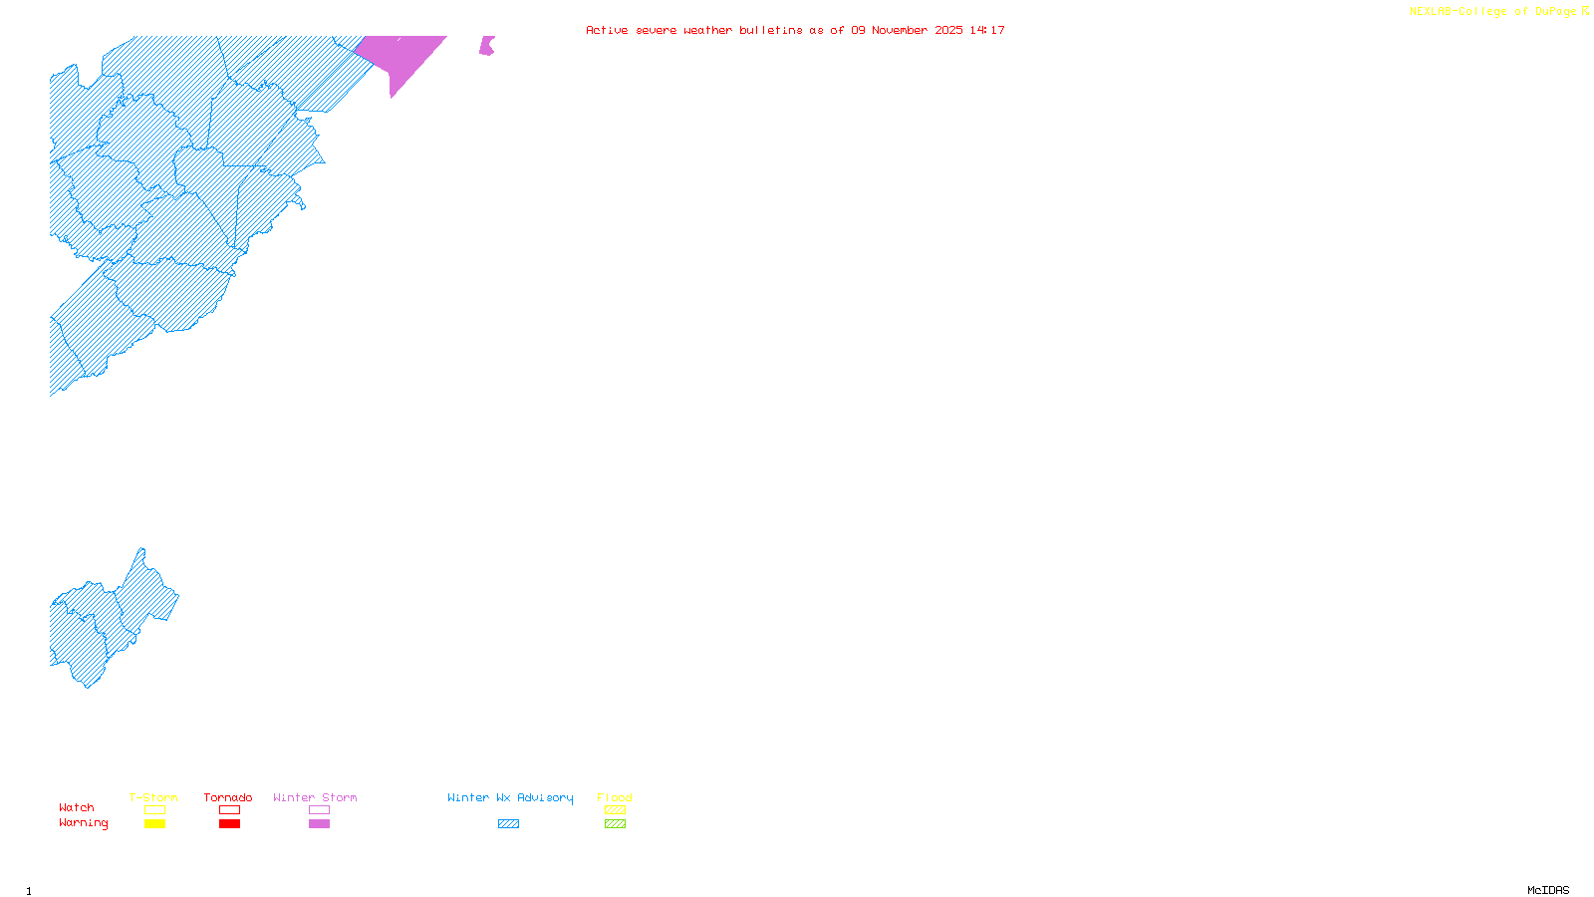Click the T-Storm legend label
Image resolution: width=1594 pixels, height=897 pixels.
pos(153,797)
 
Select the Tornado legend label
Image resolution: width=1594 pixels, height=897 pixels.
pos(228,797)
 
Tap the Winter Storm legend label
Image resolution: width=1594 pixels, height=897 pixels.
pos(315,797)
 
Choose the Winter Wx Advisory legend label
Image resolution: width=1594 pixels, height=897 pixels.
pos(510,797)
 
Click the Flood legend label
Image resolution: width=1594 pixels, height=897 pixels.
pos(615,797)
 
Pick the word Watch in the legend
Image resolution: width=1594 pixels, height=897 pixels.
pos(77,807)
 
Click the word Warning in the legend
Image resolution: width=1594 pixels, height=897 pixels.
pos(84,823)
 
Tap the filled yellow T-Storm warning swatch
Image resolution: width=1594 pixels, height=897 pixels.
pos(154,824)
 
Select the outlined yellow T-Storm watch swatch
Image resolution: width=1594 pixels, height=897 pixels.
pos(154,810)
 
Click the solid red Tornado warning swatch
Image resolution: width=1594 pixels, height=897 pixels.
pos(229,824)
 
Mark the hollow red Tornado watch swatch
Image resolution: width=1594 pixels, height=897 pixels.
pos(229,810)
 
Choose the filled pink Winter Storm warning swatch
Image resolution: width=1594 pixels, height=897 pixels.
pos(319,824)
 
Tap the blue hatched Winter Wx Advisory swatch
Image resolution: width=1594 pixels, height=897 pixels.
pos(508,824)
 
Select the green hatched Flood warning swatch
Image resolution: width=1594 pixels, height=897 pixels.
pos(615,824)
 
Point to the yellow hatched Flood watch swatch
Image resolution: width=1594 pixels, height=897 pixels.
pos(615,810)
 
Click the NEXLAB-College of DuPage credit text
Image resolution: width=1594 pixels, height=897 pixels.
pos(1493,12)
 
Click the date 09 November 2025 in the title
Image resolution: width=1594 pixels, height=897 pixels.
pos(907,30)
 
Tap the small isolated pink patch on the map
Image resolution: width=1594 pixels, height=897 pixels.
pos(486,46)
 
